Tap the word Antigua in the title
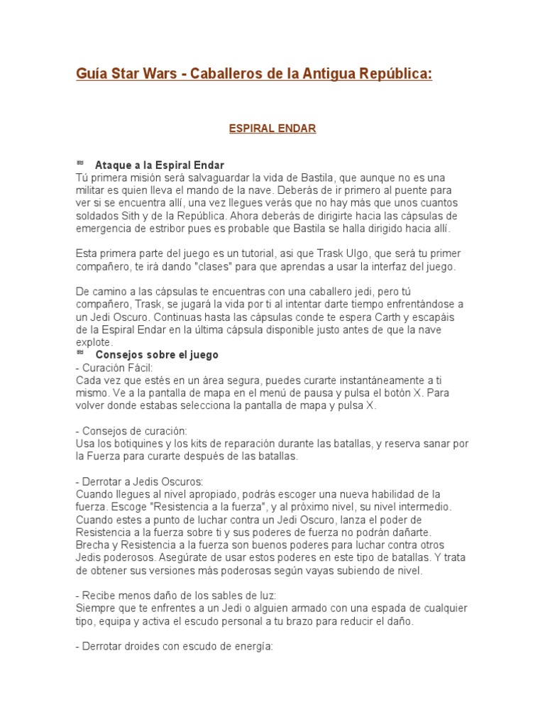(x=338, y=75)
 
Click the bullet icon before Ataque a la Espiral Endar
(x=80, y=163)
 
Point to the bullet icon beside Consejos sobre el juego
(x=80, y=353)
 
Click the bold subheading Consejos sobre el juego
(x=157, y=354)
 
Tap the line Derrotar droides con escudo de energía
(x=173, y=647)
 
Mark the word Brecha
(x=93, y=545)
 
